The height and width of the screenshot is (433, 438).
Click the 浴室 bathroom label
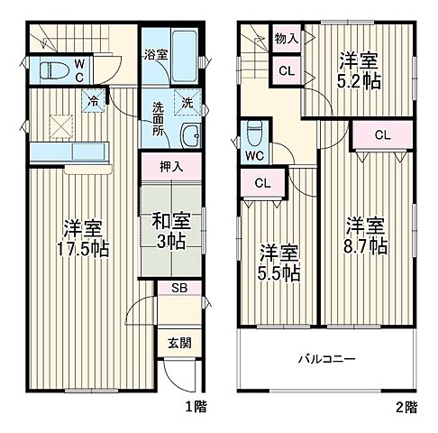155,55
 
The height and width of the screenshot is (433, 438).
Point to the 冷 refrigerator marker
94,103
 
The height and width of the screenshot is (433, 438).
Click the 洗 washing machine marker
188,102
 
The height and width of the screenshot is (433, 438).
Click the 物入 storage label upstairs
287,39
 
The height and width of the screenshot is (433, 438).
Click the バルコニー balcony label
327,358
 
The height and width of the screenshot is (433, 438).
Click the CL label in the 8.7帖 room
382,135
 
